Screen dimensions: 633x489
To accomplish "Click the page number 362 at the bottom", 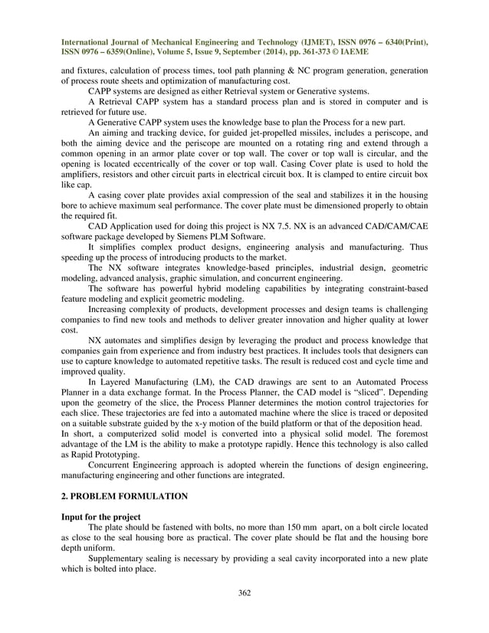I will tap(244, 592).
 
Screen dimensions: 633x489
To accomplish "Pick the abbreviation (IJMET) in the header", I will tap(298, 41).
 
